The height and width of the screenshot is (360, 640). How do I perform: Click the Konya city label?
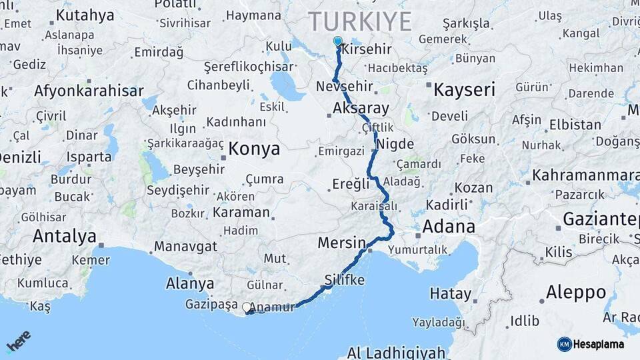(x=254, y=149)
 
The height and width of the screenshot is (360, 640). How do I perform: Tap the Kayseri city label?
(x=465, y=89)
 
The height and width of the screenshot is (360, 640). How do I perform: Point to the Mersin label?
(x=342, y=242)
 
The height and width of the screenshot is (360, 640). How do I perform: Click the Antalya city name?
(x=64, y=236)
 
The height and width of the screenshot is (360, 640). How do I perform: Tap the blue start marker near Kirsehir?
(x=338, y=41)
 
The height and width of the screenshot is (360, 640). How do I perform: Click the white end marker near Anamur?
(x=247, y=307)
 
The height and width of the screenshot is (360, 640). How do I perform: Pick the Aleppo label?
(x=576, y=292)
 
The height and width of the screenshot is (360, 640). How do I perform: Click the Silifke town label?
(x=345, y=279)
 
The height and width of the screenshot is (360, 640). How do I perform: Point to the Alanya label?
(x=190, y=283)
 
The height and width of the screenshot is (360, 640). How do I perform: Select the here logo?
(x=19, y=341)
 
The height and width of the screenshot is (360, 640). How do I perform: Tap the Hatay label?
(x=450, y=293)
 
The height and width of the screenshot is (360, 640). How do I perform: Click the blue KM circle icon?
(x=565, y=344)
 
